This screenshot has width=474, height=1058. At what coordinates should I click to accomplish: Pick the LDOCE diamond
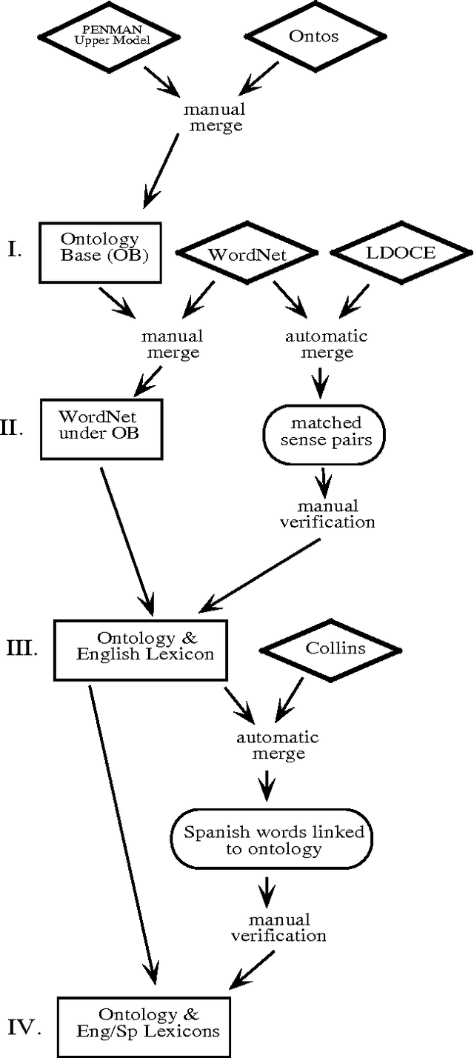coord(390,253)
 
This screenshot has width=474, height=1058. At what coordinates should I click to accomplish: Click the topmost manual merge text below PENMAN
coord(215,117)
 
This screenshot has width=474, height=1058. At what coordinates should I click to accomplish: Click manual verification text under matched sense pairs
coord(327,513)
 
